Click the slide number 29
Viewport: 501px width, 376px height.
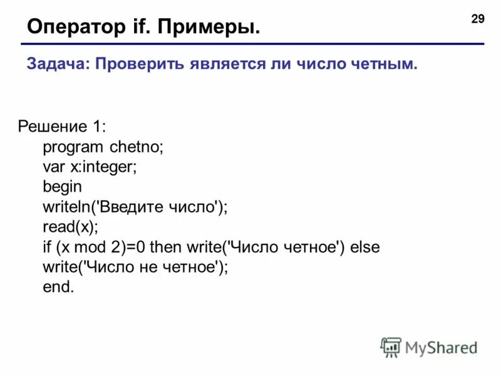click(x=477, y=19)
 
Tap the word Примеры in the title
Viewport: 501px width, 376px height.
click(x=207, y=27)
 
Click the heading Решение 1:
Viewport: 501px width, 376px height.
click(x=61, y=127)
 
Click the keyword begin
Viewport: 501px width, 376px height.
click(x=62, y=187)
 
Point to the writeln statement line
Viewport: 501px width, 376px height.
click(x=135, y=207)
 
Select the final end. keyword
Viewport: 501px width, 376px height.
click(x=58, y=287)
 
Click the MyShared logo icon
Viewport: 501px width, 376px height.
click(x=391, y=347)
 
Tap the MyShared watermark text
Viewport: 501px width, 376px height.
click(x=442, y=347)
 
